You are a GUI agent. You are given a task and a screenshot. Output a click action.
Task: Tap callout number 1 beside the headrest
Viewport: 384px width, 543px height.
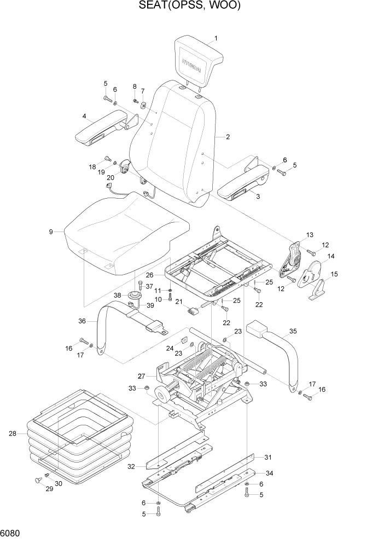pos(216,38)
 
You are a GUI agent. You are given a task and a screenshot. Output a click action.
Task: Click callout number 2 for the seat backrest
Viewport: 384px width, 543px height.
pos(227,137)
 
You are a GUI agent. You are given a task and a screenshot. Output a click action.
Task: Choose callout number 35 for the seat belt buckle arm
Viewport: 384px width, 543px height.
pos(293,331)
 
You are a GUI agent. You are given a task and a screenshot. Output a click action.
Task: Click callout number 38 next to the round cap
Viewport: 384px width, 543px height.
pos(117,295)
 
